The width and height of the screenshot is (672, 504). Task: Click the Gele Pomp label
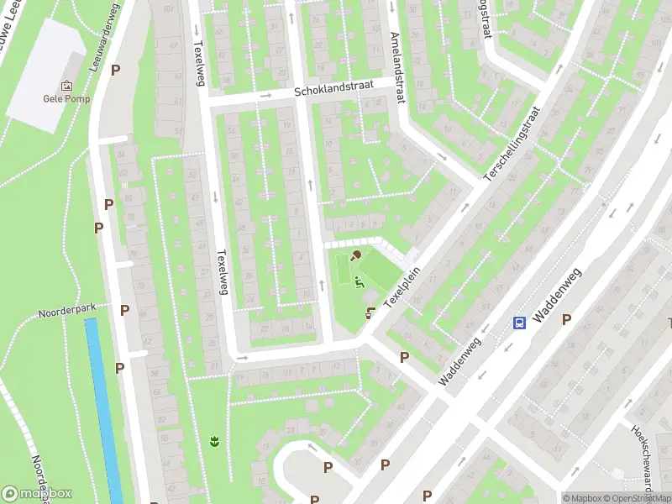point(66,97)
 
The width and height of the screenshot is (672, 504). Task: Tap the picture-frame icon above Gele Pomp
point(66,85)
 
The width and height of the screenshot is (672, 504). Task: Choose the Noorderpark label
point(67,311)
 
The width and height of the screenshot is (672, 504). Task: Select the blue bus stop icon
point(520,323)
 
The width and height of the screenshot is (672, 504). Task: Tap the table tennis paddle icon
point(356,255)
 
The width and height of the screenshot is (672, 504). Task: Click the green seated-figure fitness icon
point(360,282)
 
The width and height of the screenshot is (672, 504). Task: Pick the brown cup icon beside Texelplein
point(370,312)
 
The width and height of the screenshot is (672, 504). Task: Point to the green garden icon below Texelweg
point(214,440)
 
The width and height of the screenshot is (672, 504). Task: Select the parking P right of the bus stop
point(566,319)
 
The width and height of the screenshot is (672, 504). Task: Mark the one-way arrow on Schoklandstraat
point(266,96)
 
